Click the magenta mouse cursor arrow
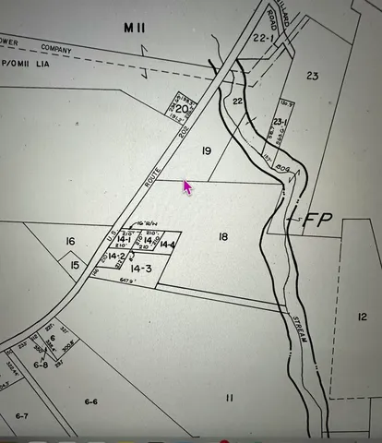[187, 187]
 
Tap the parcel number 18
[223, 238]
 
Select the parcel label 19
[207, 150]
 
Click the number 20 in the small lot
[183, 110]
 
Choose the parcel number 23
[312, 77]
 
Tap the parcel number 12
[362, 317]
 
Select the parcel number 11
[230, 397]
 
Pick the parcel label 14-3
[141, 269]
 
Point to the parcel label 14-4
[167, 245]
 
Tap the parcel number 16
[70, 242]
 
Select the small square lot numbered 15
[76, 265]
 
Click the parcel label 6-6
[91, 401]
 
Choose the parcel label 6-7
[22, 416]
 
